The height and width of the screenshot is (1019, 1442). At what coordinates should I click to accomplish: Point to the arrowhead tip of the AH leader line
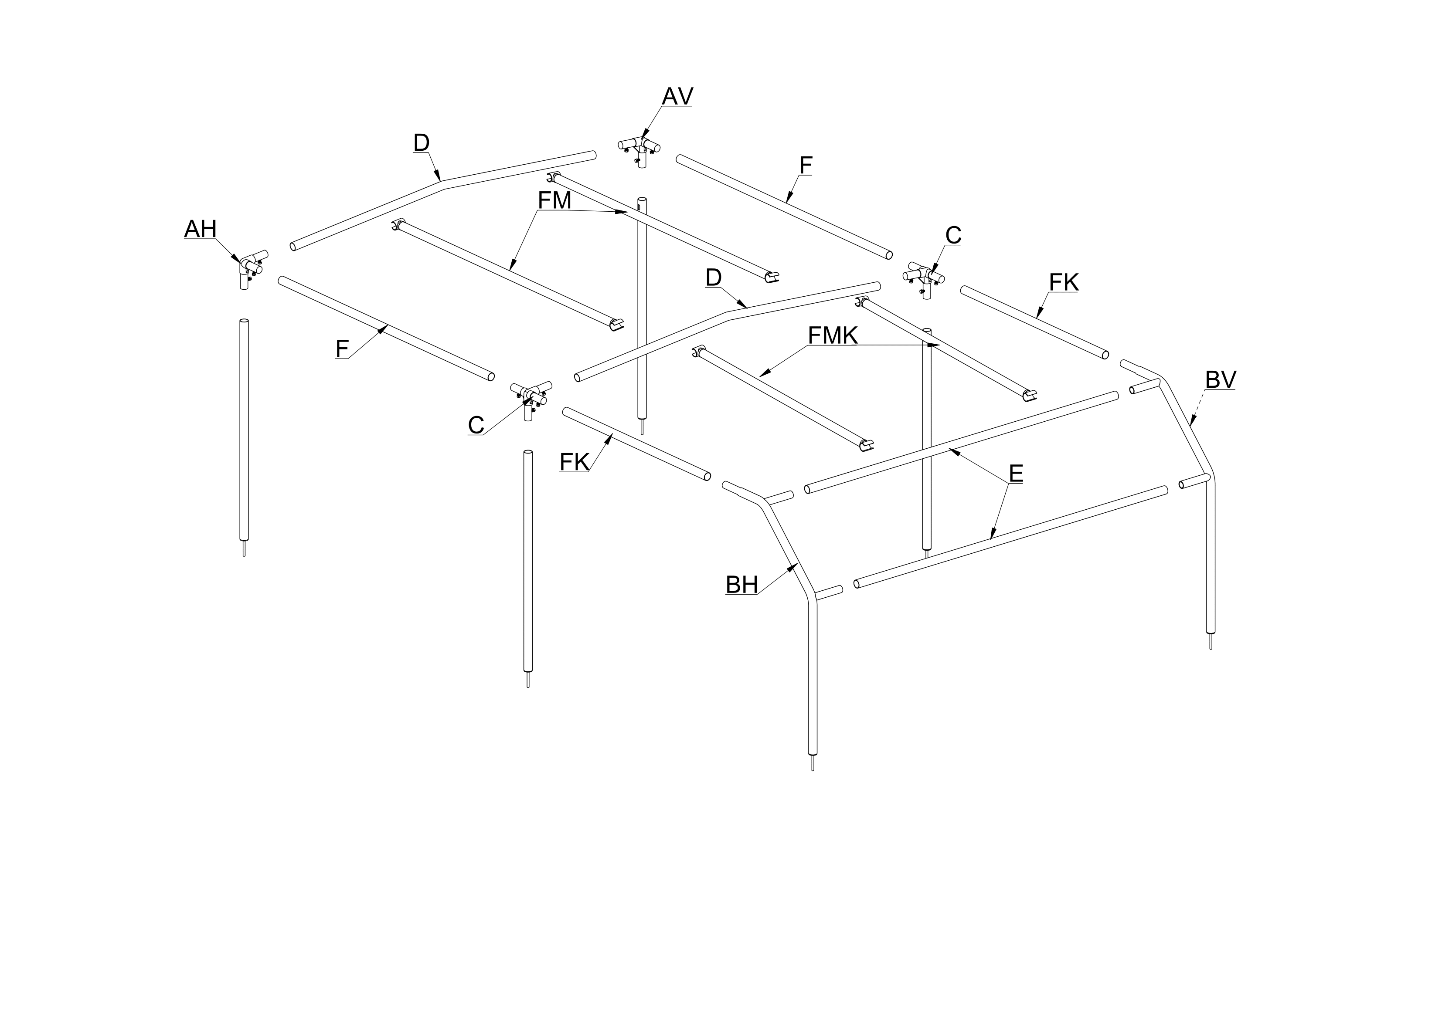(x=239, y=263)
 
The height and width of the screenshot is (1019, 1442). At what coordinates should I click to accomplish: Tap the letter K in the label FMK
(x=850, y=336)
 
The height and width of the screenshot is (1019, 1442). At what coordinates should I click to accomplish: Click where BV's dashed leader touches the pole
(x=1191, y=426)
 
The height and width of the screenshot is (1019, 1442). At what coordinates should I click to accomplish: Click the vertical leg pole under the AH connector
(x=244, y=433)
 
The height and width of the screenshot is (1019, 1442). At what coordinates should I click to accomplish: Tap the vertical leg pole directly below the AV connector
(x=642, y=311)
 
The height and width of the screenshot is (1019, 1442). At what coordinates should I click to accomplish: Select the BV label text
(x=1220, y=380)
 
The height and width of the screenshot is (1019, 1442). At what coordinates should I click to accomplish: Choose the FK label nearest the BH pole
(x=574, y=462)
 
